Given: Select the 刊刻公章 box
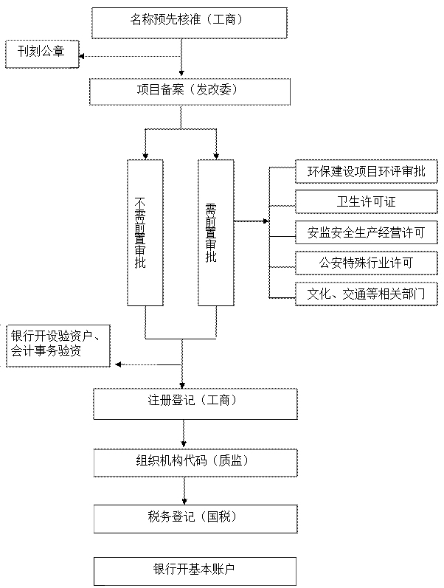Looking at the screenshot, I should click(41, 54).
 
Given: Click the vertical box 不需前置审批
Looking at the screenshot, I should click(145, 232).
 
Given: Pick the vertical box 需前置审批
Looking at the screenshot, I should click(216, 232).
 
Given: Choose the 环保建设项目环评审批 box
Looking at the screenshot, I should click(367, 172).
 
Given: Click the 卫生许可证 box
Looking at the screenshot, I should click(367, 202).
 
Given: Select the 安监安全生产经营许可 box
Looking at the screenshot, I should click(367, 232).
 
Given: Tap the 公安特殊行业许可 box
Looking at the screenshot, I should click(367, 263).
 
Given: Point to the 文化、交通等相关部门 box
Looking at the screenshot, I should click(367, 293).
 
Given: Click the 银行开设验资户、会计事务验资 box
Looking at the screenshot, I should click(58, 345).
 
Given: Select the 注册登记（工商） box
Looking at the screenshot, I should click(195, 403).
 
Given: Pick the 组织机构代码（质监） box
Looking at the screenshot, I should click(195, 461).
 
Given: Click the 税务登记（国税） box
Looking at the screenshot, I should click(195, 519).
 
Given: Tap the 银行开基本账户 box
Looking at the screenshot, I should click(195, 571).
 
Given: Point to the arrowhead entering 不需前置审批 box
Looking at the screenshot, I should click(145, 156).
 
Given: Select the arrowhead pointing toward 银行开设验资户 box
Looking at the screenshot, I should click(114, 364).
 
